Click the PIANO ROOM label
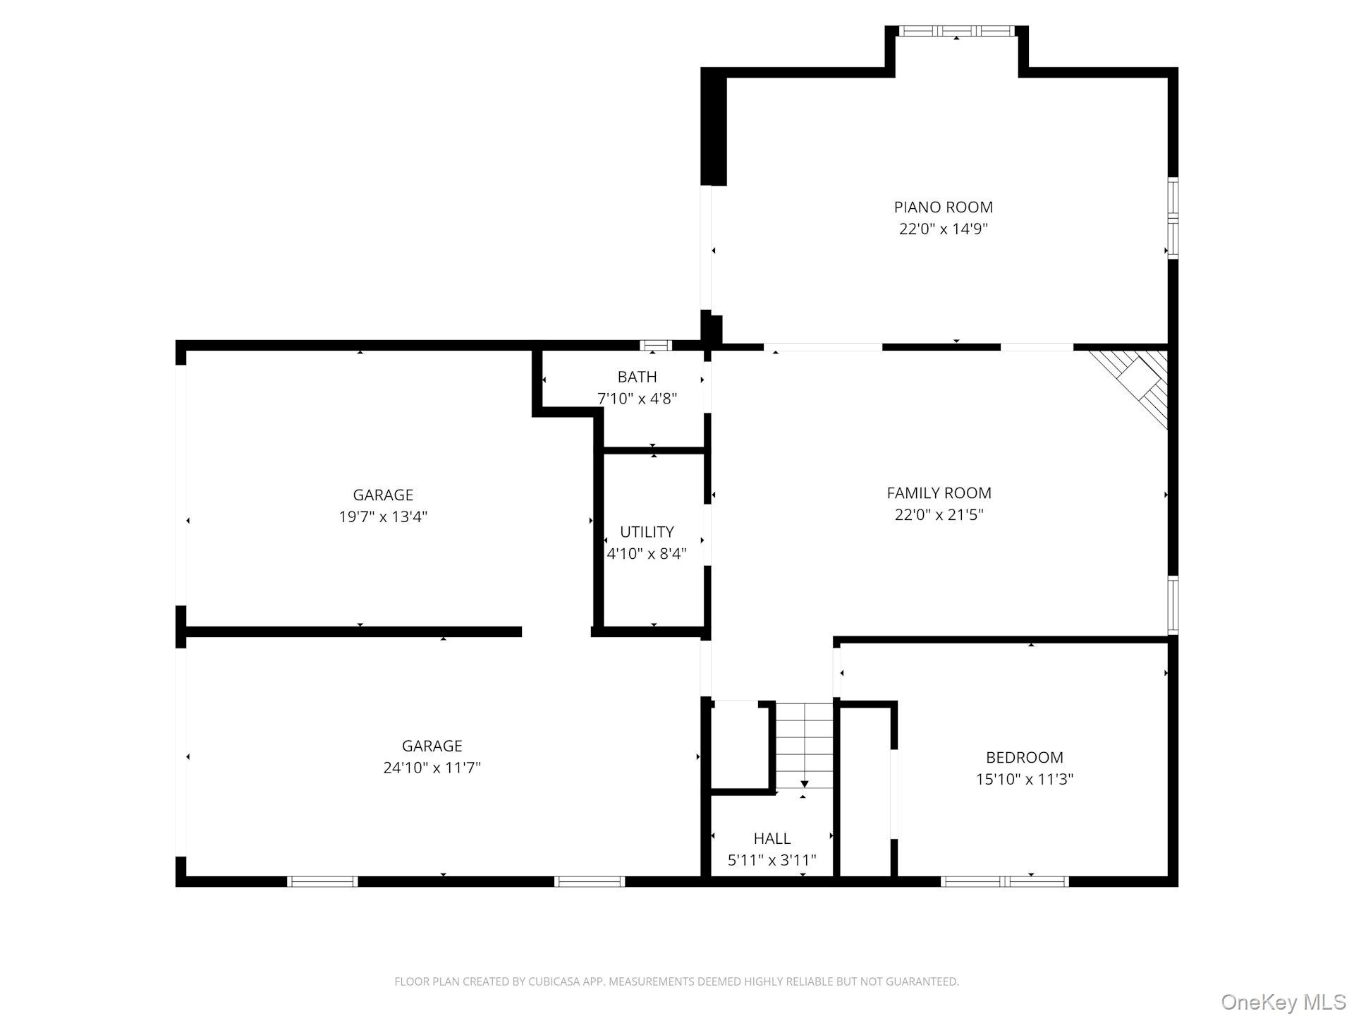point(943,207)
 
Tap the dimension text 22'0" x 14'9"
point(943,229)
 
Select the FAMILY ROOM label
point(939,493)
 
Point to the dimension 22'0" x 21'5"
point(939,515)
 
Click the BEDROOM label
point(1024,758)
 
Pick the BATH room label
point(637,377)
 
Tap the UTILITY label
point(647,532)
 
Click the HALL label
point(771,838)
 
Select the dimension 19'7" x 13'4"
point(383,517)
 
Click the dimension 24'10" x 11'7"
point(432,768)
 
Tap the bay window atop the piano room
point(956,32)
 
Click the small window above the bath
point(655,345)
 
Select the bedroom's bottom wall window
point(1004,881)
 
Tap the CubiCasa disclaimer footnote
point(676,981)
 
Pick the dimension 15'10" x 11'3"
point(1024,780)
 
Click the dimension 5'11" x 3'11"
point(771,860)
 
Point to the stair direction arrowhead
point(804,784)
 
